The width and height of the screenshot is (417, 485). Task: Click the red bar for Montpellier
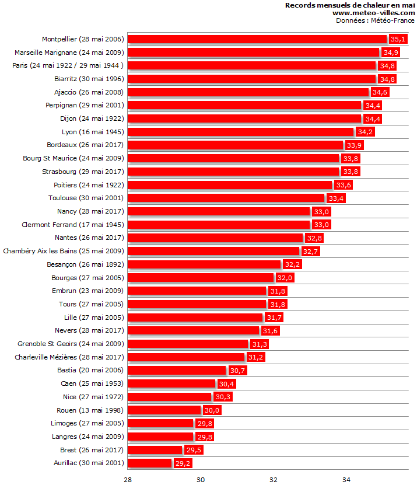(257, 39)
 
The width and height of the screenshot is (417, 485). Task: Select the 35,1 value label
(398, 39)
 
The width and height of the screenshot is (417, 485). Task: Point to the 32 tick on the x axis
(273, 479)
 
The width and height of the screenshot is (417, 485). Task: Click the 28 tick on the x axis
(128, 479)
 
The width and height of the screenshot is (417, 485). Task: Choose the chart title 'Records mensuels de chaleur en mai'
(350, 5)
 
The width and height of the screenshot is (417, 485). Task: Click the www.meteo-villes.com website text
(373, 13)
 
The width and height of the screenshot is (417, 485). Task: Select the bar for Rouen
(164, 410)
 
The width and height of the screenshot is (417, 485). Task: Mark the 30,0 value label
(212, 410)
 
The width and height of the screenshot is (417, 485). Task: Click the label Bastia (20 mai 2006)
(90, 370)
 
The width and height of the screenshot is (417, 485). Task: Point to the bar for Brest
(155, 450)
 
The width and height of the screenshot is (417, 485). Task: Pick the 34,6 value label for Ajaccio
(380, 92)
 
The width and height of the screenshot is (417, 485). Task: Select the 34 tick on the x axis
(346, 479)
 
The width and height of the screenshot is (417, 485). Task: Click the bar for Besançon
(204, 264)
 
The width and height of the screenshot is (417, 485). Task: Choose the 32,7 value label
(310, 252)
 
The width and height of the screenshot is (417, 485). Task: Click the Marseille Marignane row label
(69, 53)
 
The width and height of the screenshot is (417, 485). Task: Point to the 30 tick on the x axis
(201, 479)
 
